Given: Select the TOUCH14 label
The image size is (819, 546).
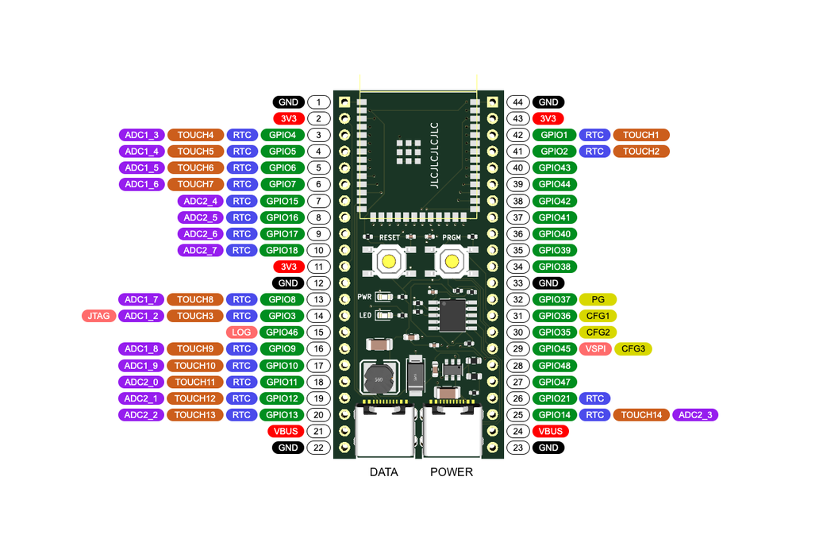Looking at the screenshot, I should [x=641, y=415].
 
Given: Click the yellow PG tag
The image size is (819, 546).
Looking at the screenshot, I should [x=598, y=299].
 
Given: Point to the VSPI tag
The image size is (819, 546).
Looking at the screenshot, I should [x=595, y=349].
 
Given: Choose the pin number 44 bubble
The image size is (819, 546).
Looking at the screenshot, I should [x=518, y=102].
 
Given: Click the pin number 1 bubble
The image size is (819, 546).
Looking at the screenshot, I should [x=318, y=102].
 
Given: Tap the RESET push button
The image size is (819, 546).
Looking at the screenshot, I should [x=389, y=261].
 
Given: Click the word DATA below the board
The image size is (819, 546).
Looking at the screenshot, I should [x=384, y=472].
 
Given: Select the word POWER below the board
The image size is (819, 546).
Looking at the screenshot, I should [x=452, y=472].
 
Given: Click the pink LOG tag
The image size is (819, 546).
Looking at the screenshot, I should [x=241, y=333].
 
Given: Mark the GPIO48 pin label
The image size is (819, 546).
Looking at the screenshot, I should [x=554, y=366].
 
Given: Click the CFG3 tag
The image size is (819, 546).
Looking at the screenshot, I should [x=633, y=349].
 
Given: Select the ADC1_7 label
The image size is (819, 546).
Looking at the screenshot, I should [x=141, y=299].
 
